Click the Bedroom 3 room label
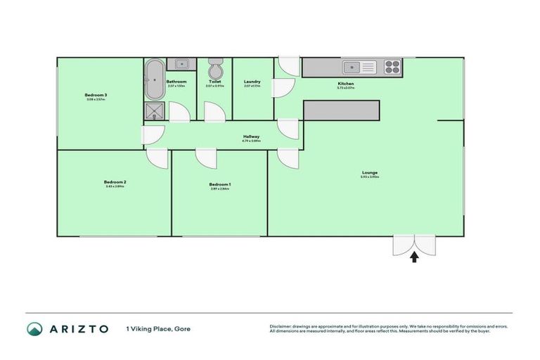(96, 95)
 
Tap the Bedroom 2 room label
(115, 181)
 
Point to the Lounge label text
(370, 173)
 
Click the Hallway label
(251, 136)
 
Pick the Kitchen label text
(345, 84)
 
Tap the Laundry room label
(252, 82)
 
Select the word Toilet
(214, 82)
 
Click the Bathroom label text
(176, 82)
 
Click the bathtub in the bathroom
(153, 79)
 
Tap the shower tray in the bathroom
(155, 110)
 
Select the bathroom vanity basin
(181, 65)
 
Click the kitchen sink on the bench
(359, 67)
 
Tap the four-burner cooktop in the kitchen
(391, 67)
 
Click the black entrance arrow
(413, 257)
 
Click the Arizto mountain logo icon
(34, 328)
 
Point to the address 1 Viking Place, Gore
(158, 328)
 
